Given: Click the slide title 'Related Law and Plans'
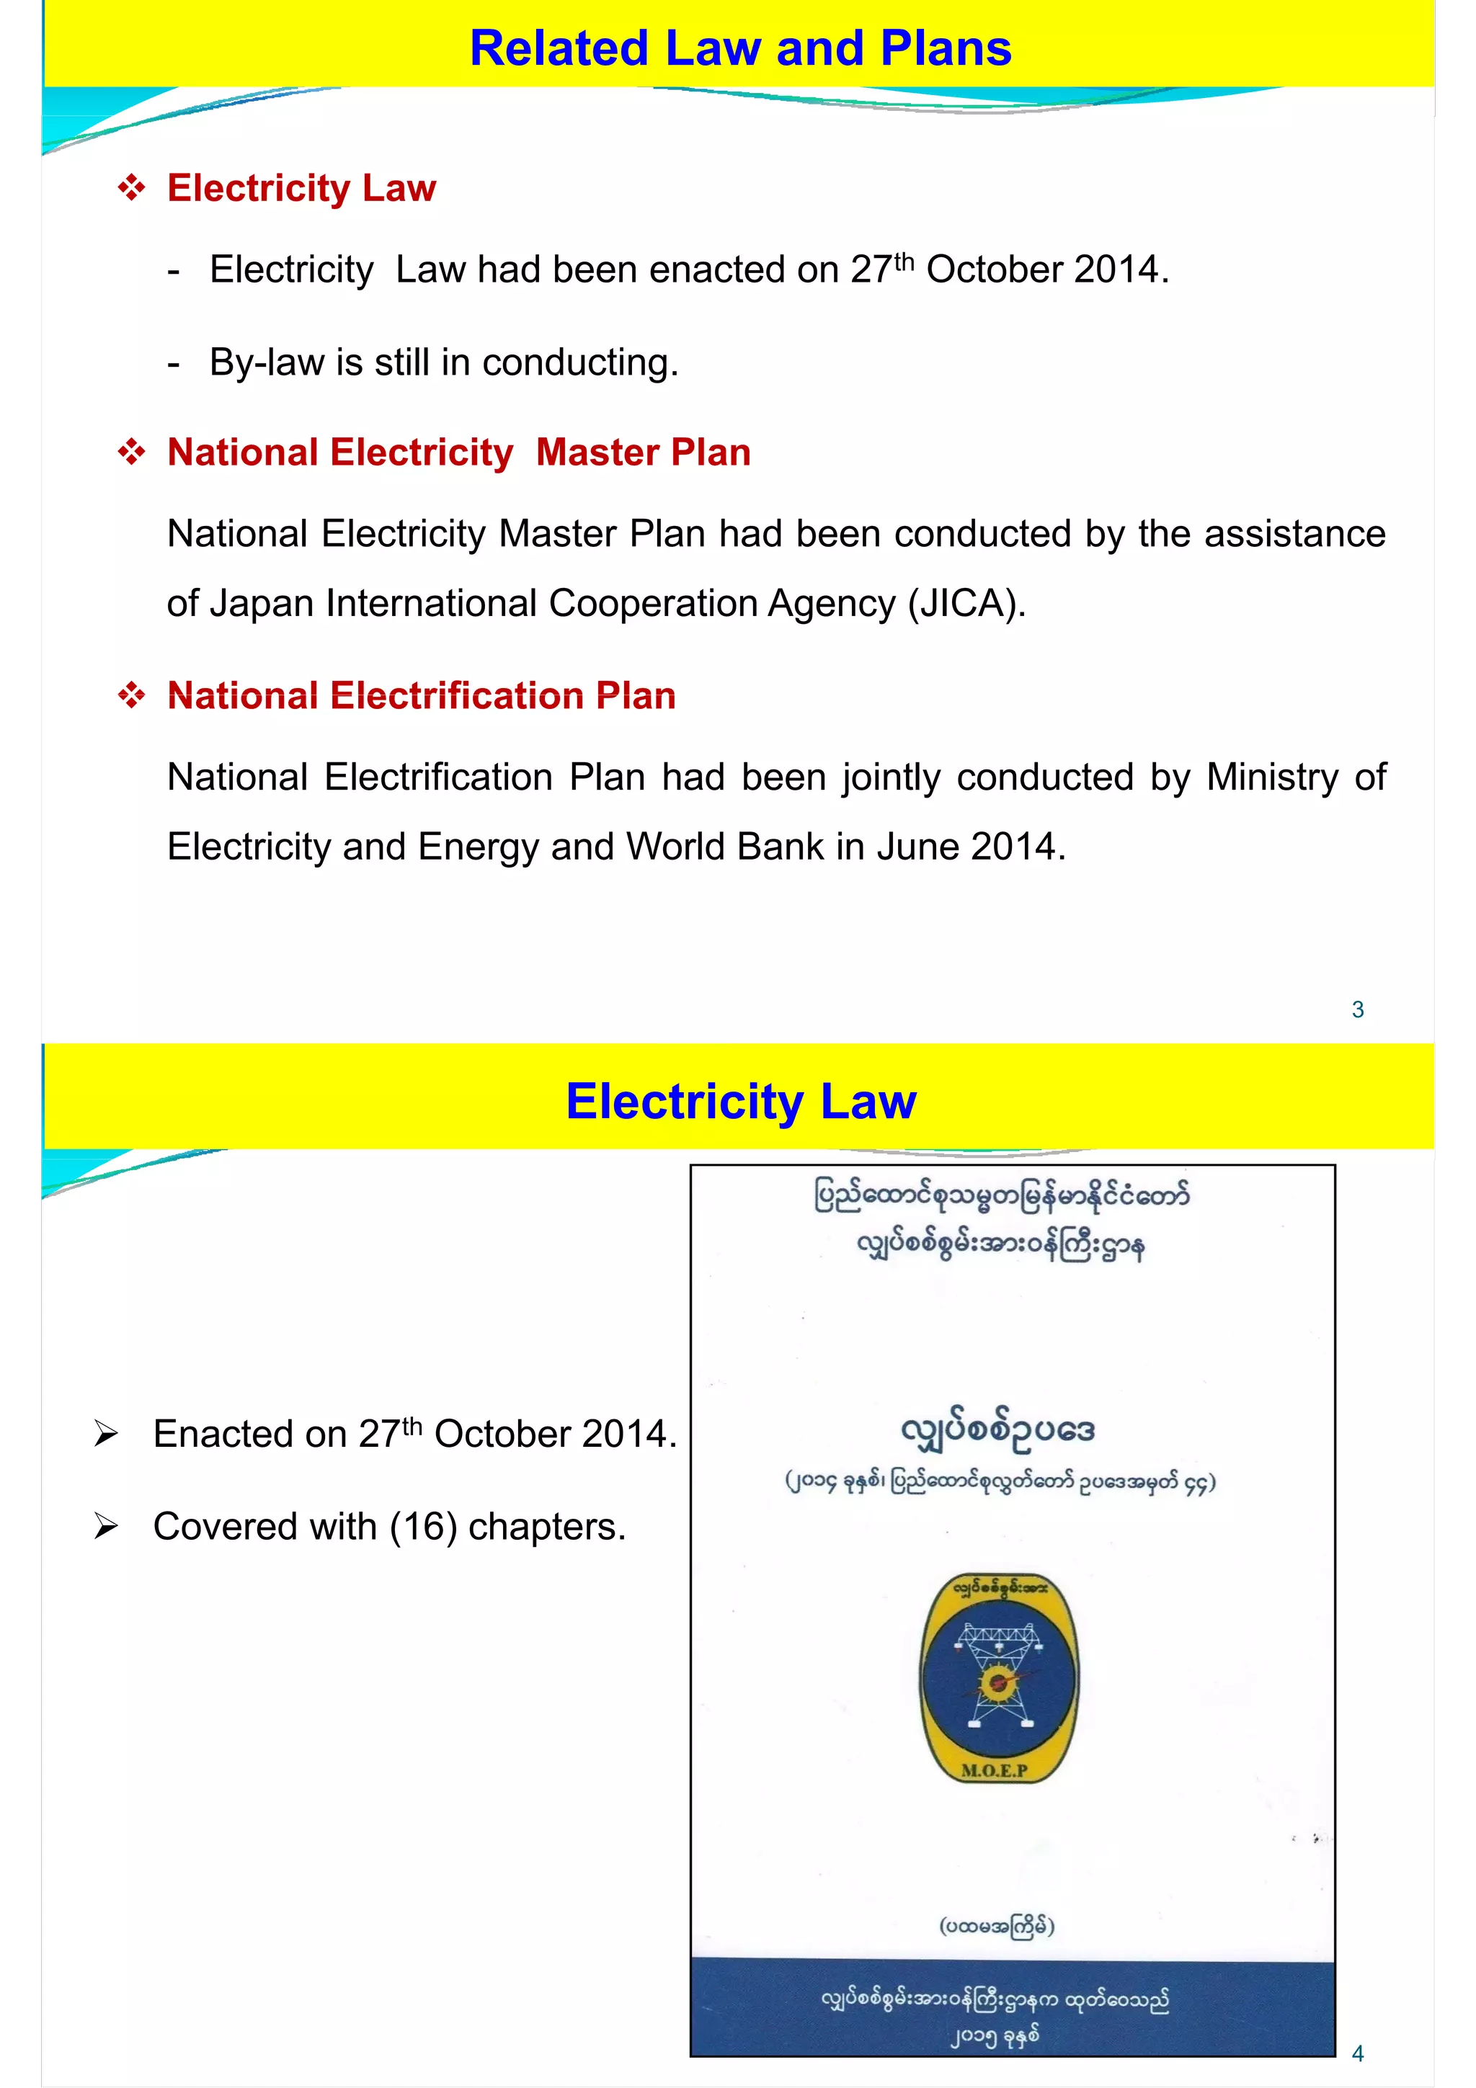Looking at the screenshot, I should (739, 48).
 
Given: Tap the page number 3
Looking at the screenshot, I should (1357, 1009).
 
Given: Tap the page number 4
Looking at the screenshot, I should (1357, 2053).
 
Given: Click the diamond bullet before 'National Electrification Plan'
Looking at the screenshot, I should (132, 696).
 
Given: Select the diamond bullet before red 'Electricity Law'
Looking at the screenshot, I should (132, 188).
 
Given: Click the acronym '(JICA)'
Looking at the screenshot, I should (966, 604).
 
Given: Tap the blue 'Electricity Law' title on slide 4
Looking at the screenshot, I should (740, 1102).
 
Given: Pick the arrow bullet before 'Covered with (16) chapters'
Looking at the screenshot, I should (107, 1527).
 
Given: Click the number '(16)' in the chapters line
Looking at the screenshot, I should (423, 1527).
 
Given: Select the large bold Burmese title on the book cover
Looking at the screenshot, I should (997, 1429).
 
